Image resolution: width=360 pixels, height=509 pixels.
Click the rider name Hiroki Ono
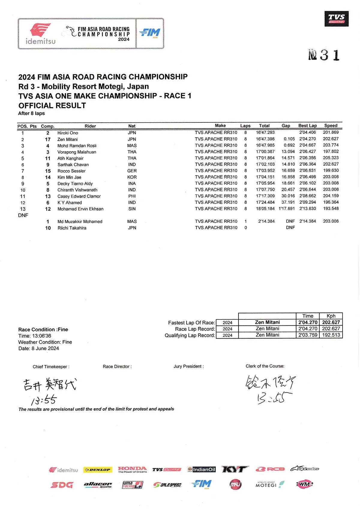[x=67, y=133]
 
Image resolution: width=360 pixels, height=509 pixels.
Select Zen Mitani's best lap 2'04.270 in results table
[x=307, y=139]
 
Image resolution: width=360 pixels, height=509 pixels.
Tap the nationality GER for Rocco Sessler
[x=132, y=171]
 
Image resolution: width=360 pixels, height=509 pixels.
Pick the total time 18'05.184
[x=265, y=208]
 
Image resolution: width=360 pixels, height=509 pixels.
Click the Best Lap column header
[x=307, y=126]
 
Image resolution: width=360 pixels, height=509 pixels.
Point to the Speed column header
[x=331, y=126]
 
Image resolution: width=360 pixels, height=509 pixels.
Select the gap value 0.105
[x=289, y=139]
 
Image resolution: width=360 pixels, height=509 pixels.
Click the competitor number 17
[x=48, y=139]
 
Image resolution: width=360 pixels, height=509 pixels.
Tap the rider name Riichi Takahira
[x=72, y=228]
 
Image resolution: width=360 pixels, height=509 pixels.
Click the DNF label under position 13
[x=23, y=215]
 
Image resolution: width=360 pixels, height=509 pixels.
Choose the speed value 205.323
[x=331, y=158]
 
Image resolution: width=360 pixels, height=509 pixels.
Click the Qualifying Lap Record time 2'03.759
[x=308, y=335]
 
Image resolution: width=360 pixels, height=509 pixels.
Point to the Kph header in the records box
[x=331, y=316]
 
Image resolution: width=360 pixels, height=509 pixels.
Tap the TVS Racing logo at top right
[x=336, y=19]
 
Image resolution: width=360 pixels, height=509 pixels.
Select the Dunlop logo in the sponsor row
[x=98, y=470]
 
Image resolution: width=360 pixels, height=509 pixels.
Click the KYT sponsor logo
[x=235, y=469]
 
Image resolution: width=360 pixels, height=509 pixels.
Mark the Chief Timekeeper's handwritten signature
[x=49, y=385]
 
